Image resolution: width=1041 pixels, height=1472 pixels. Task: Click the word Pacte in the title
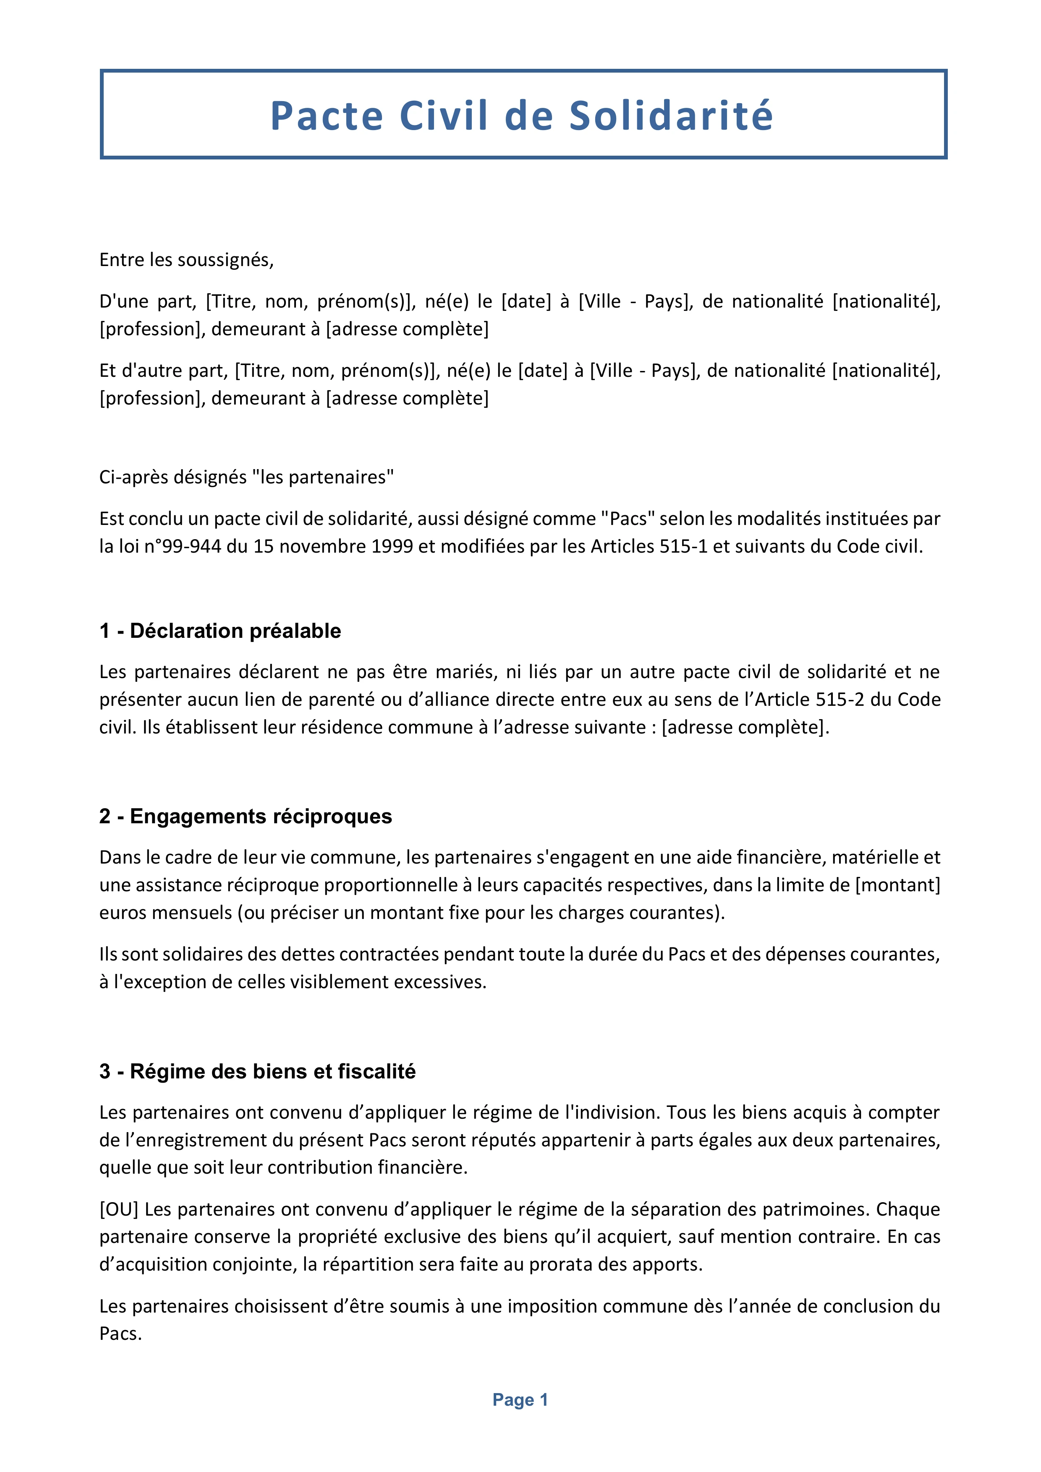(327, 116)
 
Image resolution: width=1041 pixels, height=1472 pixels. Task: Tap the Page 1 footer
(520, 1399)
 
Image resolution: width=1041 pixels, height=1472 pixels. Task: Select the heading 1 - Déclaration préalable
(220, 631)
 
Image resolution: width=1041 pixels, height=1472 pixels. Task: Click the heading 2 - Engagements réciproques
(246, 816)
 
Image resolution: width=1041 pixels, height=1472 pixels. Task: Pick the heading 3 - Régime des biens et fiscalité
(257, 1071)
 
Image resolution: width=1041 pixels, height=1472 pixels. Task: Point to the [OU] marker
(119, 1209)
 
